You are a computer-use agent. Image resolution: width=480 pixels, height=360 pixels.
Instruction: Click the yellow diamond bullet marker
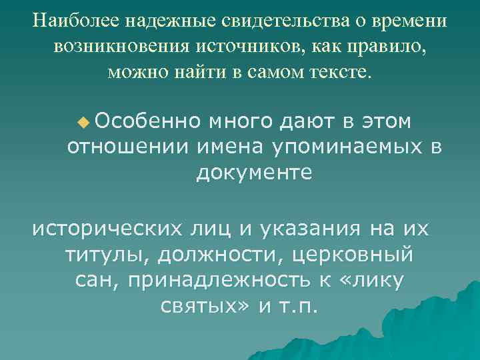[x=83, y=122]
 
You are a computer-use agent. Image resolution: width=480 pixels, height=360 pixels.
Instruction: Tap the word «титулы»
[x=99, y=254]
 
